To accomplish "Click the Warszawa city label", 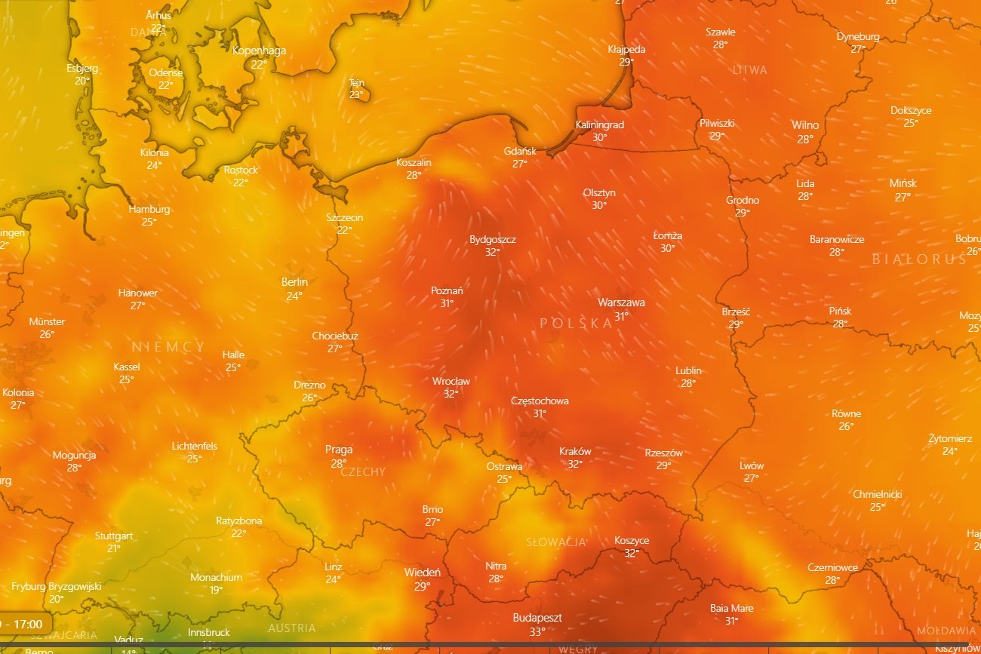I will (x=621, y=302).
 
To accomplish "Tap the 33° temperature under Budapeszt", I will (x=537, y=631).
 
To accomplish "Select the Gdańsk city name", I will (x=520, y=152).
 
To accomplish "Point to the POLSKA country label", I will (x=577, y=324).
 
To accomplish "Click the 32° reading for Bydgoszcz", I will (x=492, y=252).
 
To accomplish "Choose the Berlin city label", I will (x=294, y=282).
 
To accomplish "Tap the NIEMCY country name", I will (x=168, y=347).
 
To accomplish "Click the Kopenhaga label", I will (x=259, y=51).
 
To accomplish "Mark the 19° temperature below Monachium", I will (x=216, y=590).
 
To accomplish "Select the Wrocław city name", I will (x=451, y=381).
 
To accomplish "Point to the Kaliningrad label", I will (x=599, y=124).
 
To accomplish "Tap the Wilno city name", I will (x=805, y=125).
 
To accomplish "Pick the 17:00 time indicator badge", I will (x=26, y=624).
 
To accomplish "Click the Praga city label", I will (x=339, y=450).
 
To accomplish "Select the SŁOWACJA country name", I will (x=556, y=542).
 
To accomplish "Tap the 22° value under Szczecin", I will (x=344, y=230).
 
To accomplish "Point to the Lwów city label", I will (x=752, y=465).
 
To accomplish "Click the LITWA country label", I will (x=749, y=70).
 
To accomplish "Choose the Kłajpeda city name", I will (x=626, y=49).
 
